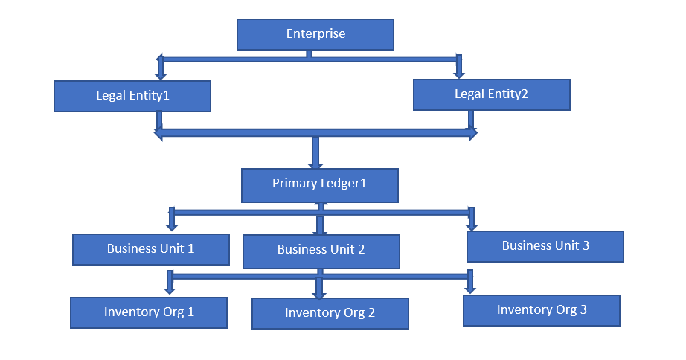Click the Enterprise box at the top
(315, 34)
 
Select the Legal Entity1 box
(132, 96)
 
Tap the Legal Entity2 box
(491, 94)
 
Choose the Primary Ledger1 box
(319, 184)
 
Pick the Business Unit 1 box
(150, 249)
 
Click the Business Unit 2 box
(321, 251)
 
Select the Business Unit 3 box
(545, 246)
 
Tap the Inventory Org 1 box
(149, 312)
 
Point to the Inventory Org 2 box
(330, 313)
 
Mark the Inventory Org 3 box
(541, 310)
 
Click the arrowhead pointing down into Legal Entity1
(160, 75)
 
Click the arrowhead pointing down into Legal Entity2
(459, 74)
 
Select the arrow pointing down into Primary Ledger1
(315, 164)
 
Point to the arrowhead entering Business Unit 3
(471, 225)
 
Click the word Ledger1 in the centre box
(343, 184)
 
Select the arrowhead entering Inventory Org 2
(319, 293)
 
